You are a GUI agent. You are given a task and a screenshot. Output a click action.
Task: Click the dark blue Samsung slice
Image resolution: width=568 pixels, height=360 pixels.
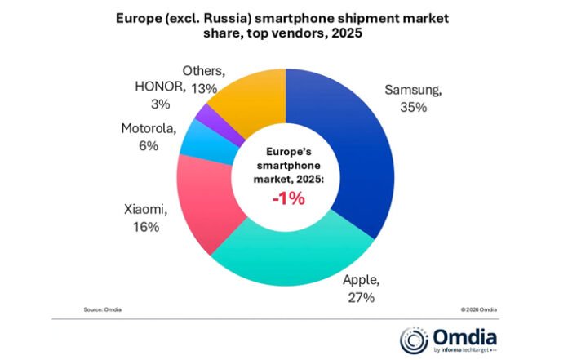pos(359,155)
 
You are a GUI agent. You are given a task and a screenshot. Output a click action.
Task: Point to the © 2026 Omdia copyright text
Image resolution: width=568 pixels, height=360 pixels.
pos(477,310)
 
